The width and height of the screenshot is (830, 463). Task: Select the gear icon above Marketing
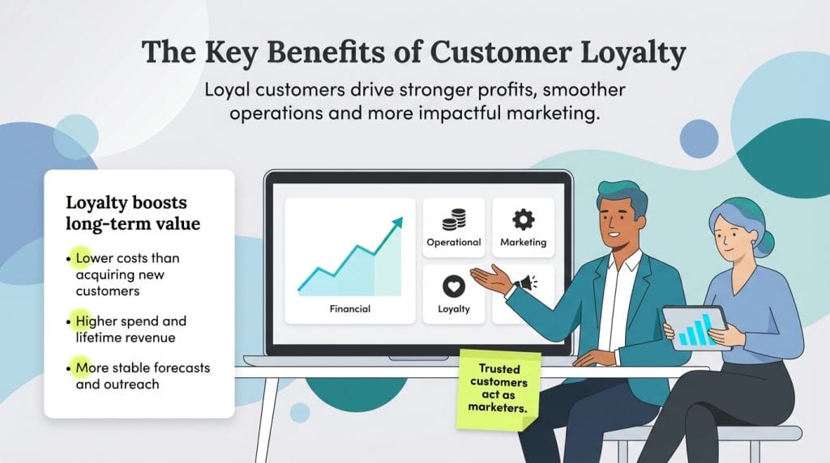523,219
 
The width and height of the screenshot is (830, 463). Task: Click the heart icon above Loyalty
454,286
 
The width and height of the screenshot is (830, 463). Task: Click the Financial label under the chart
350,308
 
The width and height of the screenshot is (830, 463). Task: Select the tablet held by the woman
695,327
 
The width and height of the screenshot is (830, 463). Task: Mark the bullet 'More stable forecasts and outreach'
142,376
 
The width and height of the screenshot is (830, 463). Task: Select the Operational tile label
454,242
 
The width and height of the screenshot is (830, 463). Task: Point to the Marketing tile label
523,242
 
